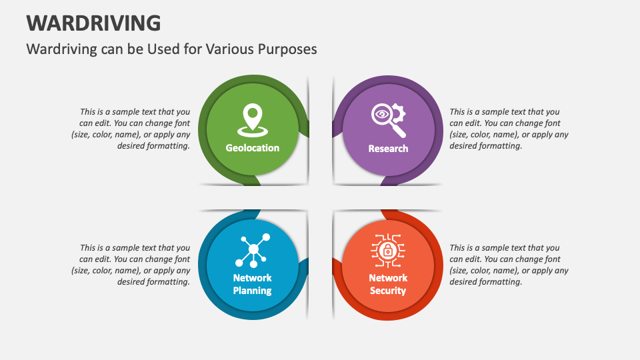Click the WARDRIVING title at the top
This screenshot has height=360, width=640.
click(x=93, y=23)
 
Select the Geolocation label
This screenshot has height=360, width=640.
click(x=253, y=148)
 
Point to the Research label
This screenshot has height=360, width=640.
click(x=388, y=149)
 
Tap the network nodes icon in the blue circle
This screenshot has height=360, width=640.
click(x=253, y=251)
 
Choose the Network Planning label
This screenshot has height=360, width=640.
click(x=253, y=284)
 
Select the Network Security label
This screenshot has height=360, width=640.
click(x=388, y=284)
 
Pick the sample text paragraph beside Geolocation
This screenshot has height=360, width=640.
click(x=131, y=129)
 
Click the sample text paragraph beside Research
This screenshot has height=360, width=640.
click(x=509, y=129)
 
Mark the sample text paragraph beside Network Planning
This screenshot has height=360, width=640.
click(x=131, y=265)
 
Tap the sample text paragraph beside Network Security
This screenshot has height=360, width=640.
click(x=509, y=265)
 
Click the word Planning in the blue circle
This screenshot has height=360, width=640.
click(x=253, y=291)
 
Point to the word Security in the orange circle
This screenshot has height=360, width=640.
click(x=388, y=291)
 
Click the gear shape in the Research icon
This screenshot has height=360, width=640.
click(x=398, y=111)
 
